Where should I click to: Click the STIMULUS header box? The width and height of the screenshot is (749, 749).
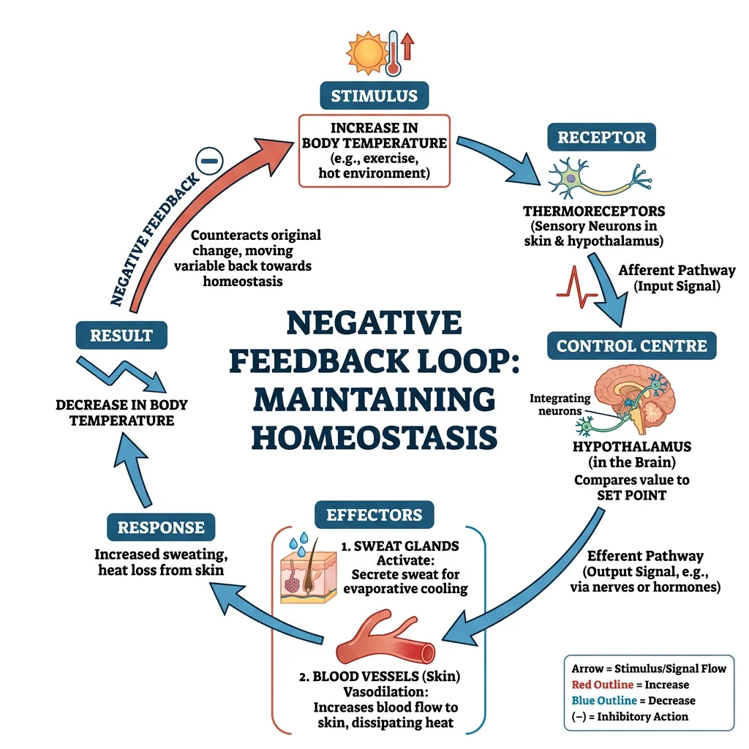[374, 96]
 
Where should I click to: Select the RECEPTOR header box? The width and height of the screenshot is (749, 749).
[601, 138]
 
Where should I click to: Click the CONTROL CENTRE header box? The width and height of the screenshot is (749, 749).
[631, 345]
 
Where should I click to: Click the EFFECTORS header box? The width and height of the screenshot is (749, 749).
[374, 514]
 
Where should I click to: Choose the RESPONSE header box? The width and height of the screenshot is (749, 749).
[161, 527]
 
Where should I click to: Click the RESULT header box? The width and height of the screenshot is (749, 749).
[121, 336]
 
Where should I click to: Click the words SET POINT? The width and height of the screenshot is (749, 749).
[631, 496]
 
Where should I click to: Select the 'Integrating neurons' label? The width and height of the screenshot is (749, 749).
[560, 404]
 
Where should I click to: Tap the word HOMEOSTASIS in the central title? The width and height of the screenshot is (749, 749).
[374, 437]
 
